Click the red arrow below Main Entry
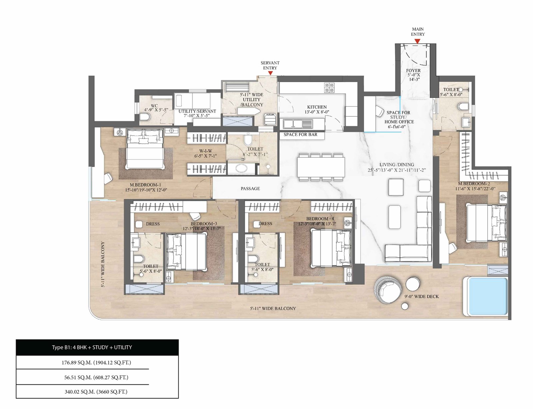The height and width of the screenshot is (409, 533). [417, 41]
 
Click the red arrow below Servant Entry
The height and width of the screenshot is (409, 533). [270, 73]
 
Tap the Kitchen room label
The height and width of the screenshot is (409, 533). [317, 109]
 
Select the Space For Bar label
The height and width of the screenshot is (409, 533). [300, 134]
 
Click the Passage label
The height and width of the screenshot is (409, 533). [250, 188]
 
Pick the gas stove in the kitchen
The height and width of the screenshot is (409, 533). [329, 88]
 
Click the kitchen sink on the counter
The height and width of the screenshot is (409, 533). [297, 124]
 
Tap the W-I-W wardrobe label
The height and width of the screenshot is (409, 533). [206, 153]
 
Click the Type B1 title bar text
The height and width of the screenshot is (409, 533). [92, 347]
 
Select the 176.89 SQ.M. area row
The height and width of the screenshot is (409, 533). [96, 362]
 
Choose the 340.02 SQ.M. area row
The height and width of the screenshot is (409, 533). [96, 392]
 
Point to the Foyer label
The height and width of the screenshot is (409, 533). [413, 75]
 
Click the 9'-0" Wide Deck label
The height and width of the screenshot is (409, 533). [421, 296]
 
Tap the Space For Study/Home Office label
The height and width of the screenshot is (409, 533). [399, 119]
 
